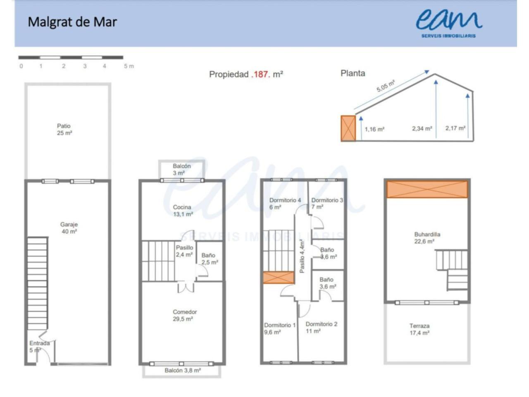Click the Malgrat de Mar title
[72, 22]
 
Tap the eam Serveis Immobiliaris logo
[449, 24]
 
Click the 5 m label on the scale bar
[129, 66]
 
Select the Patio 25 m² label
[64, 129]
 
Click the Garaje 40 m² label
[69, 228]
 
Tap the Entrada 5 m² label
[40, 347]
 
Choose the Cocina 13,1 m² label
[183, 210]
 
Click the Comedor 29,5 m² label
[185, 315]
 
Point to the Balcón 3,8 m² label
[183, 371]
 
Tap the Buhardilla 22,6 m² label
[427, 238]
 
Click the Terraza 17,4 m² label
[419, 329]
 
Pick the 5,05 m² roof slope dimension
[386, 86]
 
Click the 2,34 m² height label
[422, 129]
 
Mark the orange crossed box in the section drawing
[348, 128]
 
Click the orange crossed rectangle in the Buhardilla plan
[427, 189]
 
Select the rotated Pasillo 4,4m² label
[302, 256]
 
